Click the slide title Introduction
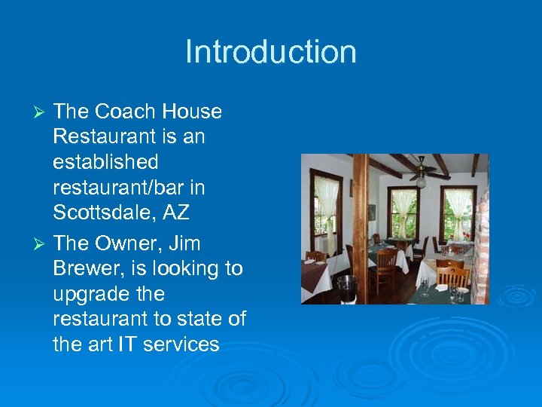point(271,52)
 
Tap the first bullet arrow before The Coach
point(42,112)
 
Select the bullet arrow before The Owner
point(42,244)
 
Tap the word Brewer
point(85,269)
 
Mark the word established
point(105,162)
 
